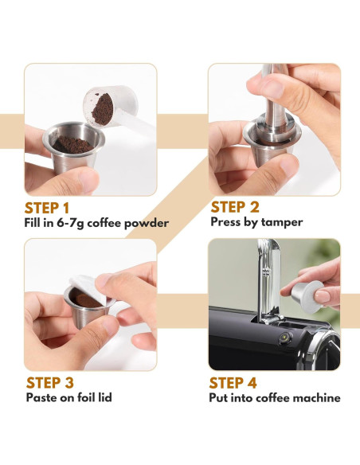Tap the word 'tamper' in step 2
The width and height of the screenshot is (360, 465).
(282, 222)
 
